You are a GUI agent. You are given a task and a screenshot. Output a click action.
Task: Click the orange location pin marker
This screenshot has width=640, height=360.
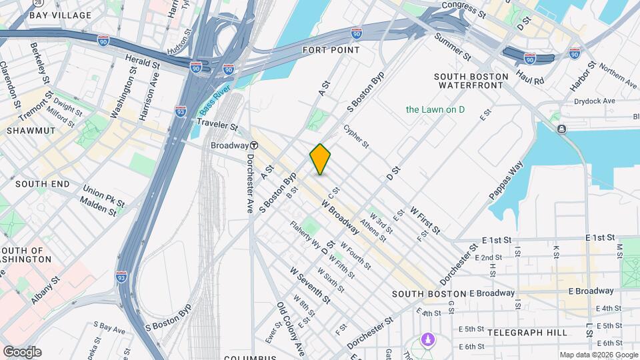pos(321,159)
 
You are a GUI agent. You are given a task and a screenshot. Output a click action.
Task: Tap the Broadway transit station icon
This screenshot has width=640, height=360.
pos(254,145)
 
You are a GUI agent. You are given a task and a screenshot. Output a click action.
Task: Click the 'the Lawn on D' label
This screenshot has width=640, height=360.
pos(435,109)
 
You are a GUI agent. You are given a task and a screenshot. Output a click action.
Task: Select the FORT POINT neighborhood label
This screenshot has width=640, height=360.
pos(331,50)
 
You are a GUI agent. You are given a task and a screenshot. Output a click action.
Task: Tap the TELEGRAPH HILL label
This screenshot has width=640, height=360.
pos(527,332)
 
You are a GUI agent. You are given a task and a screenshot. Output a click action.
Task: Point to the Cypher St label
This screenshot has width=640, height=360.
pos(356,136)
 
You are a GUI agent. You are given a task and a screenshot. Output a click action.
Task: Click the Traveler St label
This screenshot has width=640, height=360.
pos(217,125)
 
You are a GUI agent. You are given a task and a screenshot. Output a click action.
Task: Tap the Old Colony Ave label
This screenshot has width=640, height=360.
pos(291,328)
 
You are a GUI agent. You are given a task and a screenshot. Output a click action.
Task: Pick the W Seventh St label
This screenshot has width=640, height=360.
pos(310,285)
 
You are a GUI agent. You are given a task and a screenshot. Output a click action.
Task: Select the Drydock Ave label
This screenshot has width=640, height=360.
pos(595,101)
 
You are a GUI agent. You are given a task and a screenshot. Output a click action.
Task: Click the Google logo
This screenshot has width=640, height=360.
pos(22,351)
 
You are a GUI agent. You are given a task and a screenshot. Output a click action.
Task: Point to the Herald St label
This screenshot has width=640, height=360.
pos(143,63)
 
